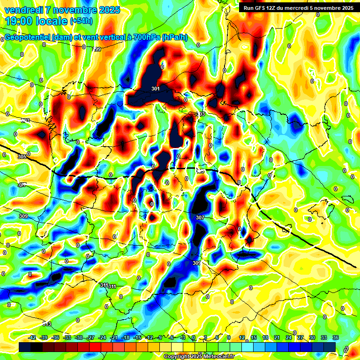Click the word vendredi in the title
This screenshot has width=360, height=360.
[x=23, y=10]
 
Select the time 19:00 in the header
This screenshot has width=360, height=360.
[x=23, y=21]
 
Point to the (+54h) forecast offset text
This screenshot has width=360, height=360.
[x=82, y=21]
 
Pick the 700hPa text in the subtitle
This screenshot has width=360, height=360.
[x=147, y=37]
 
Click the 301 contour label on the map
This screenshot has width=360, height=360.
[x=156, y=89]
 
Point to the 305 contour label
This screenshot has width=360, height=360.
[x=22, y=157]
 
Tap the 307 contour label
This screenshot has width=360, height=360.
[x=200, y=217]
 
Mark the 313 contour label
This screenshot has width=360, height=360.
[x=46, y=324]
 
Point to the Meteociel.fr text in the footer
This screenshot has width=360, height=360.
[x=218, y=357]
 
